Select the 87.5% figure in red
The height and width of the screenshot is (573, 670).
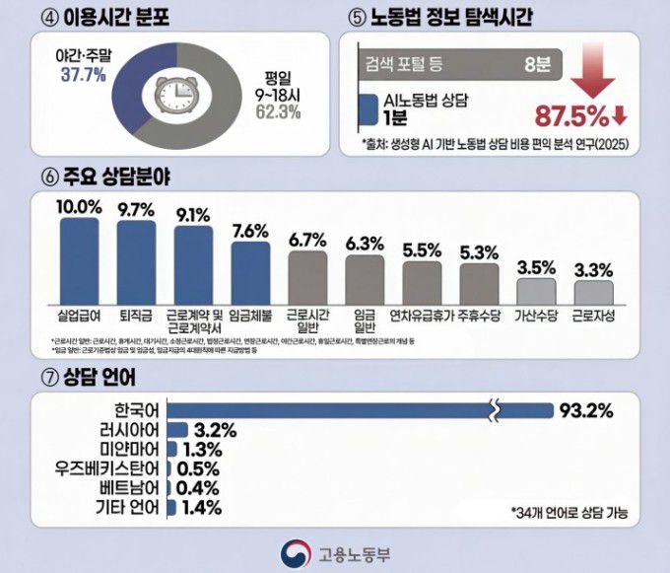pyautogui.click(x=570, y=116)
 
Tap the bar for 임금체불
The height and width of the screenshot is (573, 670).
pyautogui.click(x=250, y=272)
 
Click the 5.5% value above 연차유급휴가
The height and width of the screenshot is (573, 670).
pyautogui.click(x=422, y=250)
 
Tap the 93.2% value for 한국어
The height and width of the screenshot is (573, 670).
pyautogui.click(x=589, y=409)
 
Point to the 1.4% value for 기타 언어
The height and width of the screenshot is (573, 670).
pyautogui.click(x=201, y=508)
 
